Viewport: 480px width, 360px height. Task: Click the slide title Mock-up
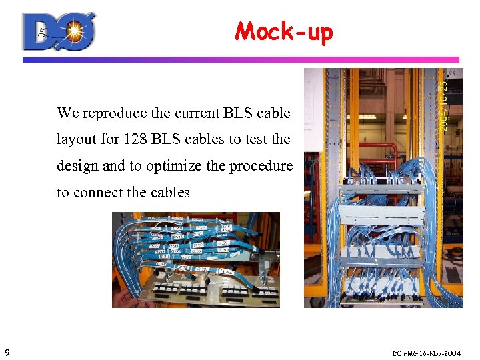(283, 31)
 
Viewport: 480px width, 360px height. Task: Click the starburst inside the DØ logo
(74, 30)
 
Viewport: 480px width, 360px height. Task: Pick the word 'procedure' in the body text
(261, 166)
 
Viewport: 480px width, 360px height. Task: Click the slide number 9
(6, 352)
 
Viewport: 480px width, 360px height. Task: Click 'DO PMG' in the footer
(408, 352)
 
